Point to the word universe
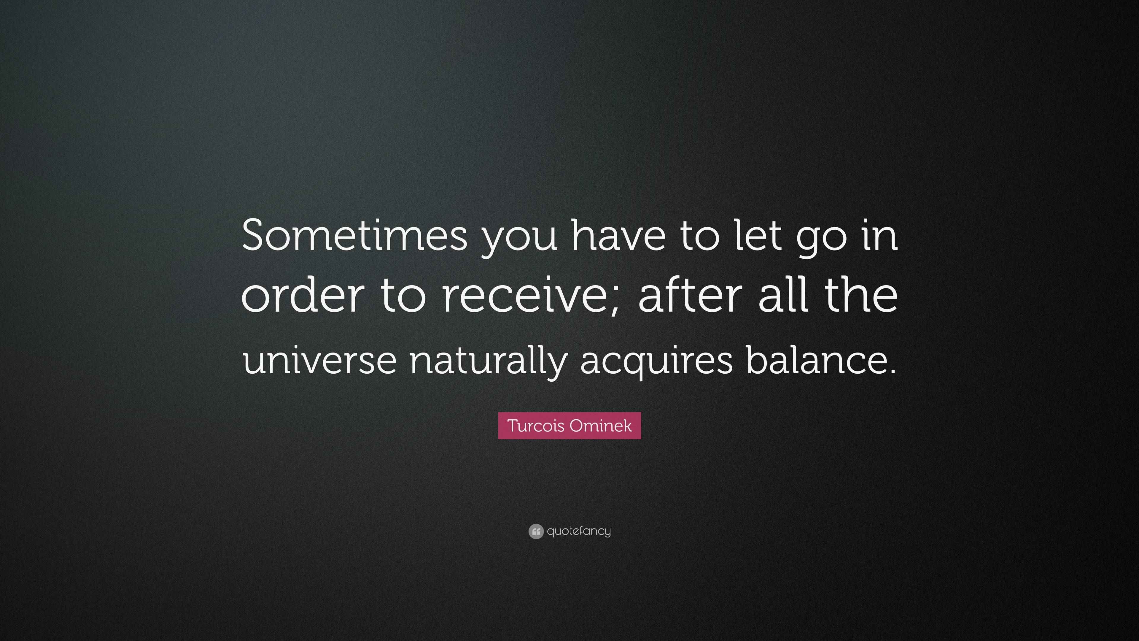[x=319, y=359]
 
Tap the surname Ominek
[x=600, y=426]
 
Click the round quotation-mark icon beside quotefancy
[x=535, y=531]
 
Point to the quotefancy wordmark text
[x=579, y=531]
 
